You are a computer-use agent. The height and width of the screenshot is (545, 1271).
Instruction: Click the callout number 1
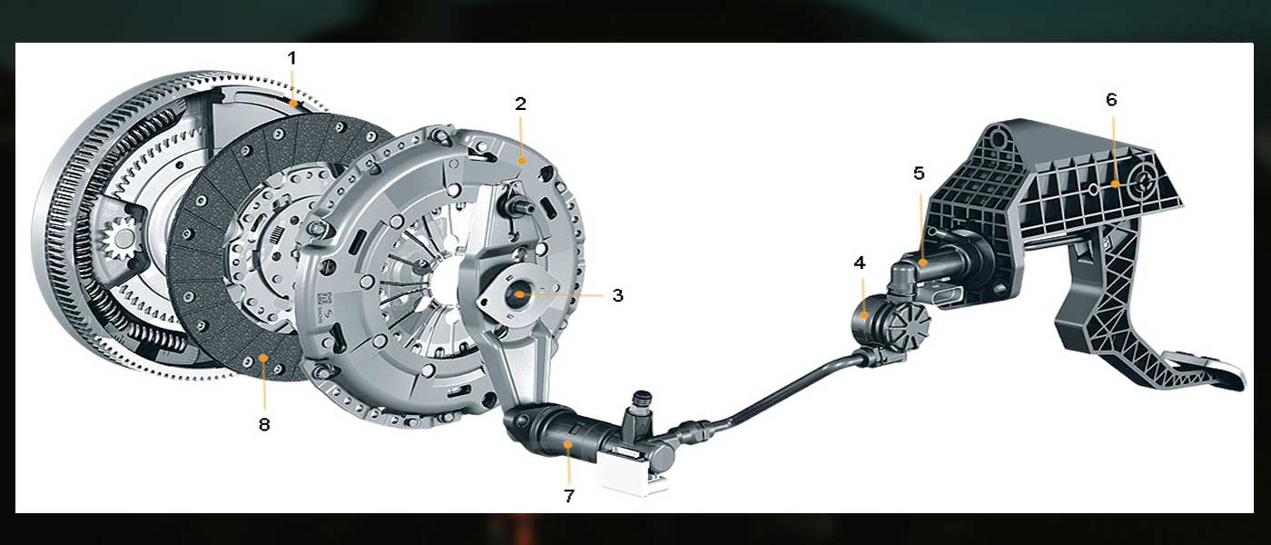coord(291,58)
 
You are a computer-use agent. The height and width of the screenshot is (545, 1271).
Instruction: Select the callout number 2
coord(520,104)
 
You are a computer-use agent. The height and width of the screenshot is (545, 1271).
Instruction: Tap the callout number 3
coord(617,295)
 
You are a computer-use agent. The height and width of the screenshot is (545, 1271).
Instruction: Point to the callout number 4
coord(860,263)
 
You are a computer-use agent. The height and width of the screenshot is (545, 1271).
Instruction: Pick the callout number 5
coord(919,173)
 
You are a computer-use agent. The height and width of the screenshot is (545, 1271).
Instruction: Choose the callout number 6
coord(1111,100)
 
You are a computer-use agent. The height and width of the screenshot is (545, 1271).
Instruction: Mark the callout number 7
coord(569,496)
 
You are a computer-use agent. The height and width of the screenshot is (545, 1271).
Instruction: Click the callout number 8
coord(264,424)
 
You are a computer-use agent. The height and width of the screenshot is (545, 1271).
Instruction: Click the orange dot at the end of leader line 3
coord(519,294)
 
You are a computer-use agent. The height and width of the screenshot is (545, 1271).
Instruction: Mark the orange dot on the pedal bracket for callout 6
coord(1115,183)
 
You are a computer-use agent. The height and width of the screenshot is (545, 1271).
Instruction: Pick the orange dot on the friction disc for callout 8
coord(262,358)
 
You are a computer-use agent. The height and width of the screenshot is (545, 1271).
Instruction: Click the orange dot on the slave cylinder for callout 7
coord(568,444)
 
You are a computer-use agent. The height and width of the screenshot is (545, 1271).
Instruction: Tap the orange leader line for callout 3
coord(562,295)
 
